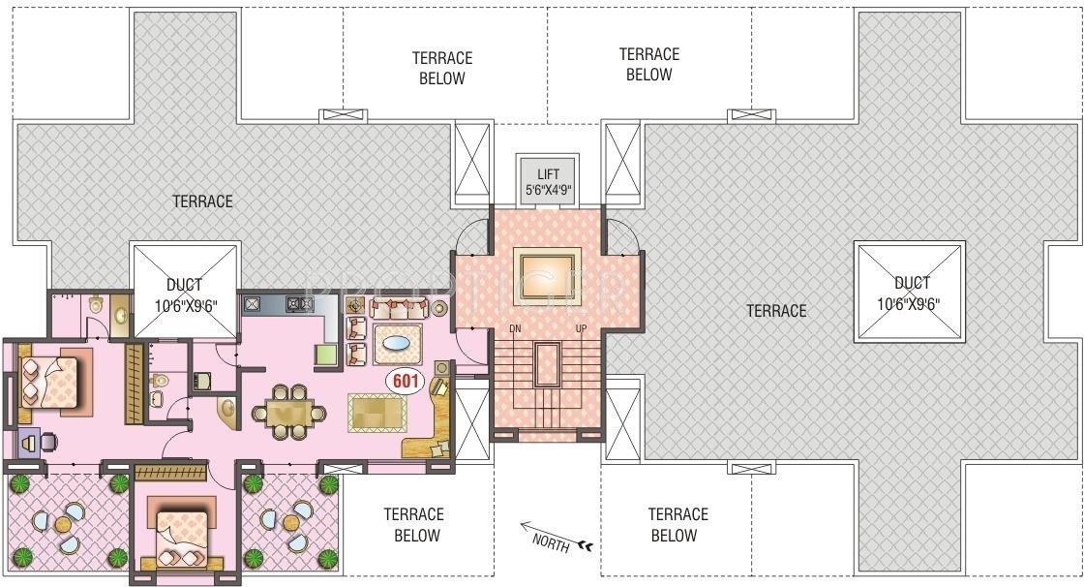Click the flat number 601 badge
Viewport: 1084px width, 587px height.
404,382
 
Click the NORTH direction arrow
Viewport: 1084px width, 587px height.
557,538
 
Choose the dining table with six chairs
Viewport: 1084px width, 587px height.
288,413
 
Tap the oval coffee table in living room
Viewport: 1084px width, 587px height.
397,343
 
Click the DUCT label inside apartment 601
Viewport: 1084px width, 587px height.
184,293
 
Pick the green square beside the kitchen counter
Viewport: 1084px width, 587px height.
325,355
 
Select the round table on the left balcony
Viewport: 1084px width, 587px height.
63,524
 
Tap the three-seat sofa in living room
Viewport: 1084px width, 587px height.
398,309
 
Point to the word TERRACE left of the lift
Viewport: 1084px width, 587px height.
203,201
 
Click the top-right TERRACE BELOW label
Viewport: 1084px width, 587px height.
649,64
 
